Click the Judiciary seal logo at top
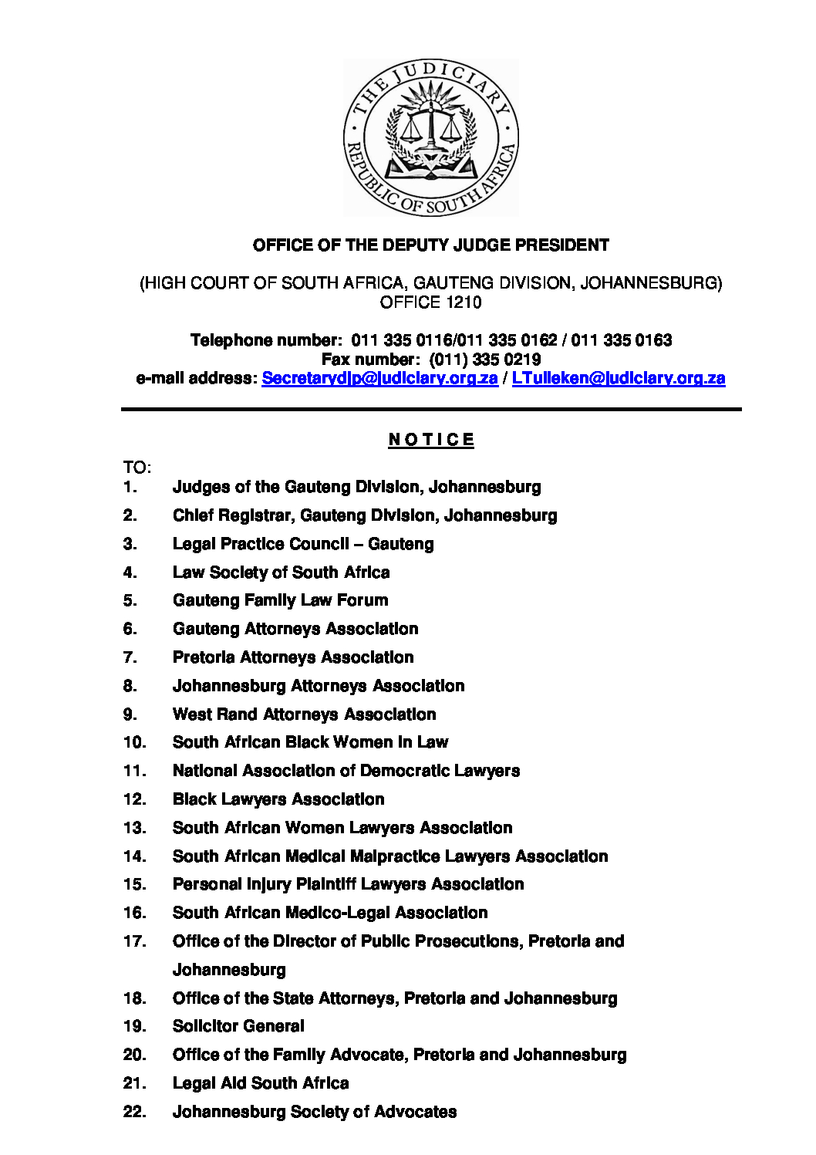[x=430, y=137]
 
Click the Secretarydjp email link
[x=379, y=378]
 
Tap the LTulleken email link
[x=618, y=378]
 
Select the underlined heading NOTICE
[x=431, y=440]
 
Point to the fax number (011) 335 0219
[x=485, y=360]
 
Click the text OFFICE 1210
[x=430, y=302]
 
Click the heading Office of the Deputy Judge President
[x=430, y=245]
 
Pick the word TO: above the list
[x=137, y=468]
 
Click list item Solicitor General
[x=238, y=1026]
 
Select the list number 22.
[x=134, y=1112]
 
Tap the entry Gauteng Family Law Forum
[x=280, y=600]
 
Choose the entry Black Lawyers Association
[x=278, y=799]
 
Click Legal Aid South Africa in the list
[x=261, y=1083]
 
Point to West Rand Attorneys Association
[x=304, y=714]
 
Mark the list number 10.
[x=134, y=742]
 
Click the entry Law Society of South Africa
[x=281, y=572]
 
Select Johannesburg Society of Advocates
[x=315, y=1112]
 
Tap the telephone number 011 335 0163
[x=622, y=340]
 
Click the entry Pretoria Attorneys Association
[x=293, y=657]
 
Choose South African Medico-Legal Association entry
[x=330, y=913]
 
